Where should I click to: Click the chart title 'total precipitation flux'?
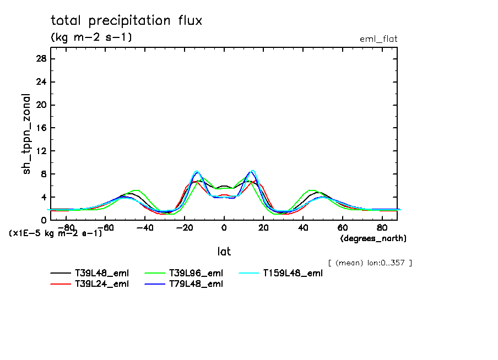127,21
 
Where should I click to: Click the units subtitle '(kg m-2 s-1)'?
91,37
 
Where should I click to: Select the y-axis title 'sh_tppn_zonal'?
27,134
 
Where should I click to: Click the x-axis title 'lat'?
224,252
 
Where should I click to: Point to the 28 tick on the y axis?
41,59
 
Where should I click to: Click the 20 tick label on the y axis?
41,105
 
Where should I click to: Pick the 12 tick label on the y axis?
41,151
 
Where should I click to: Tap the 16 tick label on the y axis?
41,128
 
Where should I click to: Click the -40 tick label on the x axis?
144,227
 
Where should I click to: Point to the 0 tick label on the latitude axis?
224,227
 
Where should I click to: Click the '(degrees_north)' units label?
373,238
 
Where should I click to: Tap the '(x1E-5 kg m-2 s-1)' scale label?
56,233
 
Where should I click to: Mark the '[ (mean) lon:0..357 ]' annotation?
370,263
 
